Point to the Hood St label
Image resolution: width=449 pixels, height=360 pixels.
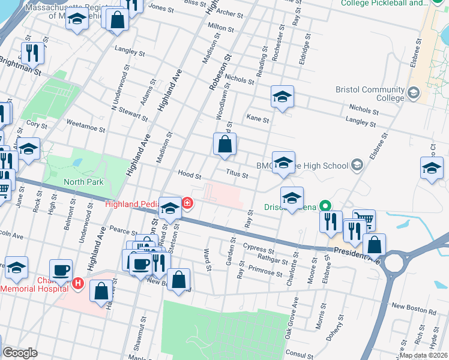[189, 175]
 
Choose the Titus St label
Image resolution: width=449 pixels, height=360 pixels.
[237, 175]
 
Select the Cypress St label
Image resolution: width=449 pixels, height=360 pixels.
[258, 247]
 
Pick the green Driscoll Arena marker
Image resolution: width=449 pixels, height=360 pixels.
[325, 206]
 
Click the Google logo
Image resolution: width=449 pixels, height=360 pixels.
[20, 353]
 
